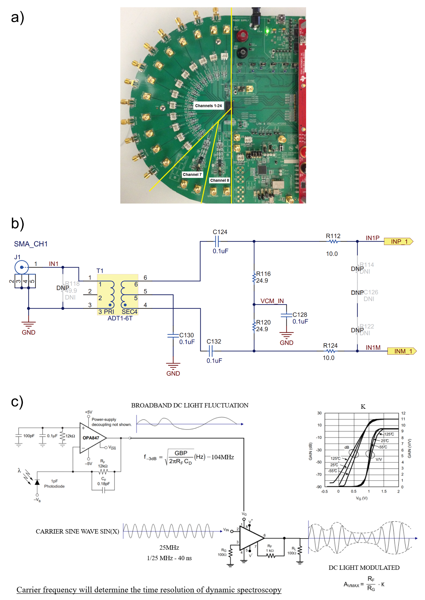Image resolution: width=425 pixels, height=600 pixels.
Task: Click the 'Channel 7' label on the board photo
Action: pyautogui.click(x=192, y=175)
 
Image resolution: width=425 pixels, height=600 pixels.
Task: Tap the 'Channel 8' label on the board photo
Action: pyautogui.click(x=219, y=180)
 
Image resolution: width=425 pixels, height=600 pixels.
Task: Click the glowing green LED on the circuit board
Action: pyautogui.click(x=267, y=31)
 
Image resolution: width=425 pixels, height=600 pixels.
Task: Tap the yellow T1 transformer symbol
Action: pyautogui.click(x=117, y=294)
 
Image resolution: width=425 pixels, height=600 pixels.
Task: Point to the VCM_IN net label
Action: pyautogui.click(x=272, y=301)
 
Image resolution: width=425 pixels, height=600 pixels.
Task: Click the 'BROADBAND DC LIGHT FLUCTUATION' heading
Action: pyautogui.click(x=190, y=405)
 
